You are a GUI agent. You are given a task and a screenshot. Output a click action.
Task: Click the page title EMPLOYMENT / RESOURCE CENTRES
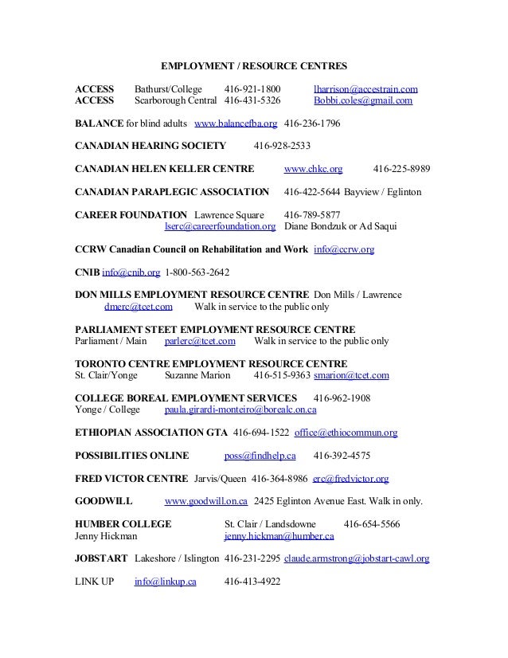click(x=254, y=65)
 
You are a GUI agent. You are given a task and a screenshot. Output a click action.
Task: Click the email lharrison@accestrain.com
click(x=366, y=88)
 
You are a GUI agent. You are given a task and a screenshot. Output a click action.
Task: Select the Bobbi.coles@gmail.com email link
click(x=363, y=101)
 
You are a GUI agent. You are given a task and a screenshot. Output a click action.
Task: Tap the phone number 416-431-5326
click(x=252, y=101)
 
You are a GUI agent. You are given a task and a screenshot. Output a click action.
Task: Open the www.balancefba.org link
click(x=236, y=124)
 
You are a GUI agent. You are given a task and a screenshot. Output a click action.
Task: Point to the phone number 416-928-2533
click(x=282, y=147)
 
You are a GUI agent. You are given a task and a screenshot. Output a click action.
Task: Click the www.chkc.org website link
click(x=313, y=170)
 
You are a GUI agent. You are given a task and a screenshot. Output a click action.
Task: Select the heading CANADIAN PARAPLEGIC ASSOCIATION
click(x=171, y=192)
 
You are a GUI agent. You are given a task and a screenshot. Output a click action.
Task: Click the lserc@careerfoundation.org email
click(x=220, y=226)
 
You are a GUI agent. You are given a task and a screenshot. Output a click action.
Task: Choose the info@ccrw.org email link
click(x=344, y=249)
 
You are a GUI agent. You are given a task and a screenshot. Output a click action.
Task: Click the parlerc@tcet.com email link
click(x=200, y=341)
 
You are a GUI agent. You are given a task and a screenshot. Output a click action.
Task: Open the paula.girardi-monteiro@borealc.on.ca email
click(x=240, y=409)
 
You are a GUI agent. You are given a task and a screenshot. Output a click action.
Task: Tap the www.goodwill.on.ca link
click(x=205, y=502)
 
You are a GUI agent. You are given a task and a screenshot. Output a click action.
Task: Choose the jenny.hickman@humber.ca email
click(x=275, y=537)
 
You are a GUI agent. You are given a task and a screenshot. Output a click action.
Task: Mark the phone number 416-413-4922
click(x=252, y=582)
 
